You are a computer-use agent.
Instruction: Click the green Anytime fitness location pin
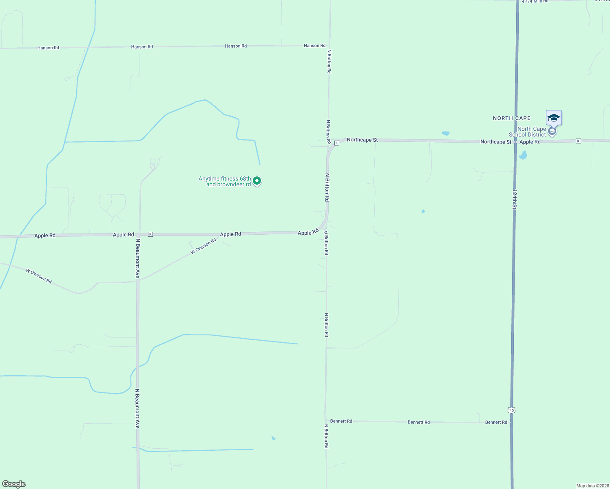(257, 181)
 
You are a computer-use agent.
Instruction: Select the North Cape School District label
(527, 132)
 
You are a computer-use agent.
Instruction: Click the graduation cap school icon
(554, 118)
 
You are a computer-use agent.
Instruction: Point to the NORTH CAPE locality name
(512, 118)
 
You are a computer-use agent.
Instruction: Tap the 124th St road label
(515, 199)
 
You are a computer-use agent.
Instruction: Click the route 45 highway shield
(512, 410)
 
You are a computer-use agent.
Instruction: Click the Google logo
(14, 484)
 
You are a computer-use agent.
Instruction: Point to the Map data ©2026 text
(592, 486)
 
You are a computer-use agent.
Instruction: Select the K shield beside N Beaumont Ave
(150, 234)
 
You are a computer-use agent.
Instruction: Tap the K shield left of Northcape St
(337, 143)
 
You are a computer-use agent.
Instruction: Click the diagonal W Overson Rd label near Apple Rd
(203, 247)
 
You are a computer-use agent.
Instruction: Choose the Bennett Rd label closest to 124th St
(496, 422)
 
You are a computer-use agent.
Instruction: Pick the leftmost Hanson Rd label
(48, 48)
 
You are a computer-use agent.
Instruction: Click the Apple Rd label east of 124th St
(530, 142)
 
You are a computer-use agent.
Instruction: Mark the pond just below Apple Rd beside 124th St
(523, 155)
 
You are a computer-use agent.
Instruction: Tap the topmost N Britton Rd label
(329, 62)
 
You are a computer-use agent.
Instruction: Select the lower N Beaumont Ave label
(137, 408)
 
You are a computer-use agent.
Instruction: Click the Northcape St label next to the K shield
(362, 140)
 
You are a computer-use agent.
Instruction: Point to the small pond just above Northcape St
(445, 133)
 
